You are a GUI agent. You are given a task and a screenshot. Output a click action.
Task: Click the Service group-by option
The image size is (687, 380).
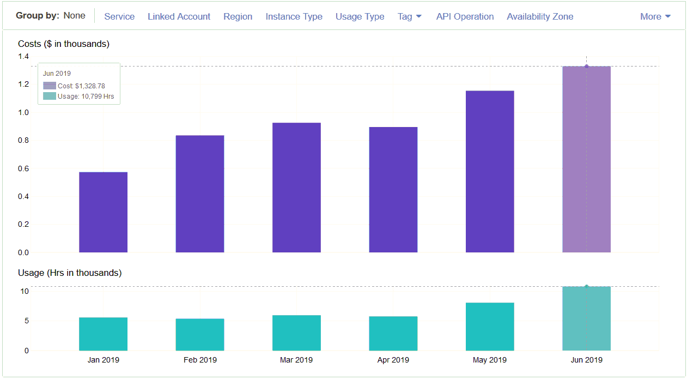point(119,16)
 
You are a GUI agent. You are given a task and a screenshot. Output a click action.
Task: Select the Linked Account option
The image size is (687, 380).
point(179,16)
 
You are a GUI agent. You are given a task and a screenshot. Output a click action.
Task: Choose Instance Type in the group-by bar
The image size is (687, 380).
point(294,16)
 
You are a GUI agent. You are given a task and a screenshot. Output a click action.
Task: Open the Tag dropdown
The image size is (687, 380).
point(409,16)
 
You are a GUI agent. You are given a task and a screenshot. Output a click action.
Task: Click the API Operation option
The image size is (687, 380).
point(465,16)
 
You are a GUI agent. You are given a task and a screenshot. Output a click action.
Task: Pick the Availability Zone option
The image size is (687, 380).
point(540,16)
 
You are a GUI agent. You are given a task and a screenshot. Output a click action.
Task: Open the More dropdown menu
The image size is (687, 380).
point(655,16)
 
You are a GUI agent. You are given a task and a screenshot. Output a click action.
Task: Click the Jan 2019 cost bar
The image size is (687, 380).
point(103,212)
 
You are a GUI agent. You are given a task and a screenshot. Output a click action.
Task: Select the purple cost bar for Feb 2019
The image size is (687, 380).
point(200,194)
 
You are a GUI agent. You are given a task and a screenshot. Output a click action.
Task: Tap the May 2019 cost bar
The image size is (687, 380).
point(490,171)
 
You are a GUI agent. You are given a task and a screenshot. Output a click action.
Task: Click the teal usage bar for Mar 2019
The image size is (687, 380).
point(296,333)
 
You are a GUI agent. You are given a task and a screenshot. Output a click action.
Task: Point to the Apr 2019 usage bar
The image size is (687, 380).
point(393,333)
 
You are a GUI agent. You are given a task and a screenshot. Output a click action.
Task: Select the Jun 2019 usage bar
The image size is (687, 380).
point(586,318)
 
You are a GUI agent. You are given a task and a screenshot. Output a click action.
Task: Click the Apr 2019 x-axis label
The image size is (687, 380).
point(393,360)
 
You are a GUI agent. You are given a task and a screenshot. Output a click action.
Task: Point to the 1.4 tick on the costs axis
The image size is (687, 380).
point(23,56)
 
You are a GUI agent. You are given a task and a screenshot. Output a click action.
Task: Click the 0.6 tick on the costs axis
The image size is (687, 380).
point(23,168)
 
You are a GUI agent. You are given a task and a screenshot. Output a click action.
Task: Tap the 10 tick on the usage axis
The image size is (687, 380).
point(25,291)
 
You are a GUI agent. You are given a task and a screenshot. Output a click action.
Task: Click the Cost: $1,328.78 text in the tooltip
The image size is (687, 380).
point(81,86)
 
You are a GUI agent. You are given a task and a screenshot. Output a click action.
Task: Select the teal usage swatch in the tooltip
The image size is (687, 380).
point(50,96)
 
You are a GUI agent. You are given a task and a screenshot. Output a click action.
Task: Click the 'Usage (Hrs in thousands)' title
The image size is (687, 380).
point(70,273)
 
